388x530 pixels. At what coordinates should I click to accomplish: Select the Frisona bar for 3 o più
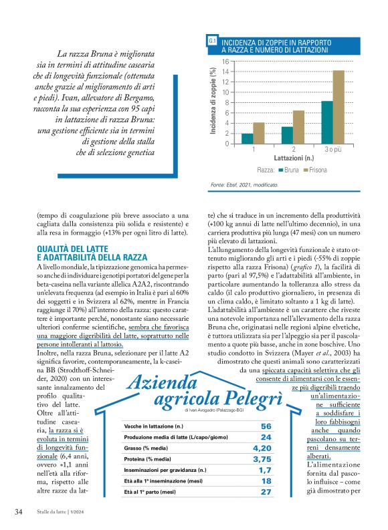pyautogui.click(x=338, y=107)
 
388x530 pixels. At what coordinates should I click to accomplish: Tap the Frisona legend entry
pyautogui.click(x=313, y=170)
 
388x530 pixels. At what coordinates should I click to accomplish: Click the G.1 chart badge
pyautogui.click(x=212, y=42)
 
